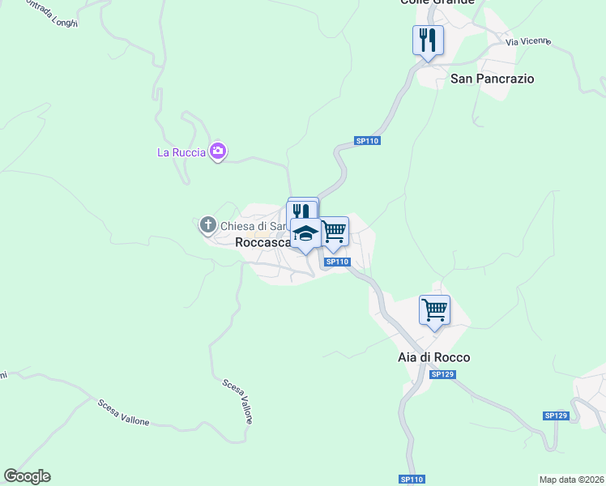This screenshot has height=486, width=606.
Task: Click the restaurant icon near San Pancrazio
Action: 427,40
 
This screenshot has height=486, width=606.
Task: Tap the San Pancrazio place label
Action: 492,79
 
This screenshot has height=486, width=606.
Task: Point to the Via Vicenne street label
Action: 527,40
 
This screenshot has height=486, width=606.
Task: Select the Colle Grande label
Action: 437,2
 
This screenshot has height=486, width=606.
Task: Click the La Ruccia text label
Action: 181,151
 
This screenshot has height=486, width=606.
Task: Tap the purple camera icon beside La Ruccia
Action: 217,151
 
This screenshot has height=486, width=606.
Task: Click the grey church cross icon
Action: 208,224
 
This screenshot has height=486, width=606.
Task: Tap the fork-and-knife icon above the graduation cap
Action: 302,211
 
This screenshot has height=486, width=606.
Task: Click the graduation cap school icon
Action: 305,234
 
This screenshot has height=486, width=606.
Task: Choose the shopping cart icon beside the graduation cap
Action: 334,232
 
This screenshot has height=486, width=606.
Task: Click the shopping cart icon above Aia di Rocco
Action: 435,309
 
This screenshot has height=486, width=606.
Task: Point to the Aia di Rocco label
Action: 434,357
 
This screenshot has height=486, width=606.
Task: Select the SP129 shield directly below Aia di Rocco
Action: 443,374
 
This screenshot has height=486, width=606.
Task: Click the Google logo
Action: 27,476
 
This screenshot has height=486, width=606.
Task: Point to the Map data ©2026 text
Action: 571,479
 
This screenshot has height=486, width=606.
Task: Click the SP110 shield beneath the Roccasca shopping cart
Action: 336,262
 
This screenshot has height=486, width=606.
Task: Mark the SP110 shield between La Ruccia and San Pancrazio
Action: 367,141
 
